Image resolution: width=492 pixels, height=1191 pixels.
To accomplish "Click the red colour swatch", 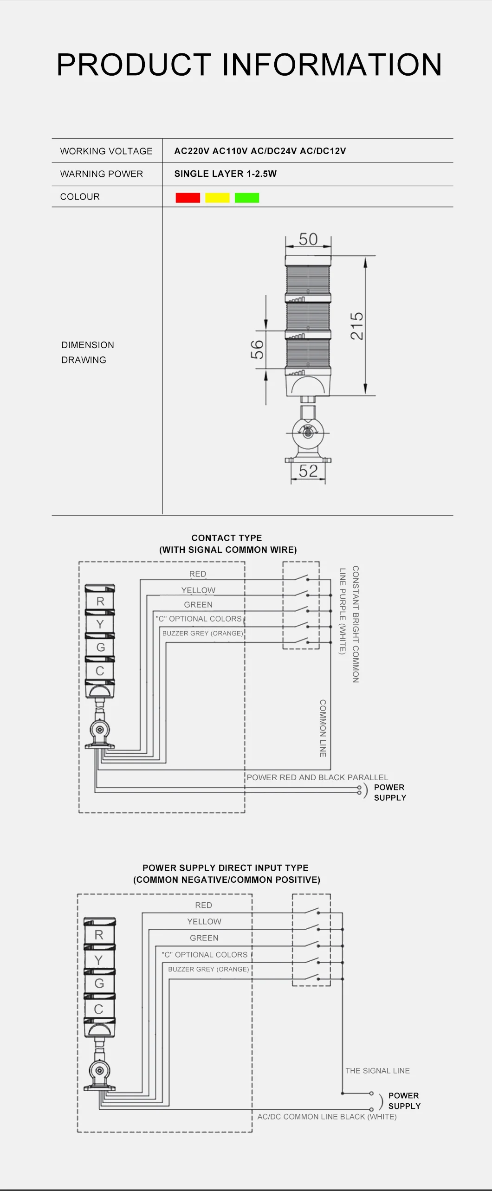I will click(188, 198).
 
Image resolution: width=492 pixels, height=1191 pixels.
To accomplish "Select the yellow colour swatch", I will click(217, 198).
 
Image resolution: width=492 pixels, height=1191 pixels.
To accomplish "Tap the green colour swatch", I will click(247, 198).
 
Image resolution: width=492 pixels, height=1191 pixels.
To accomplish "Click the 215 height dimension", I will click(356, 326).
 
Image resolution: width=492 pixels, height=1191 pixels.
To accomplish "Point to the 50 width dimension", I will click(308, 239).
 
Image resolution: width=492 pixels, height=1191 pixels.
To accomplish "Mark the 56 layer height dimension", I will click(257, 350).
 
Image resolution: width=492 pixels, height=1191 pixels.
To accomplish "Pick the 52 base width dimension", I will click(308, 471).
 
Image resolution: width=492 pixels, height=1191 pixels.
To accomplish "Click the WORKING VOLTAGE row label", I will click(106, 151).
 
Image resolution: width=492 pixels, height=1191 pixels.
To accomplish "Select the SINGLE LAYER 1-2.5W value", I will click(226, 174).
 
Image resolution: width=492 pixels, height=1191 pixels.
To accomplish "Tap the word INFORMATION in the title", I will click(332, 65).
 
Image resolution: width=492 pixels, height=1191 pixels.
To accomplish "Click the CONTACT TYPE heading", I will click(227, 538).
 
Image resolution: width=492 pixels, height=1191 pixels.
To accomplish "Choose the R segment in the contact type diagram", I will click(100, 602).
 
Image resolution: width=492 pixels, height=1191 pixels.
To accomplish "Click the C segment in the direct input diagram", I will click(98, 1009).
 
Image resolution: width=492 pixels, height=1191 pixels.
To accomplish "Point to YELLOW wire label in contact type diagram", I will click(198, 590).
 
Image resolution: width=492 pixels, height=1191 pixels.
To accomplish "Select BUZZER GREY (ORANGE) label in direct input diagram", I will click(208, 969).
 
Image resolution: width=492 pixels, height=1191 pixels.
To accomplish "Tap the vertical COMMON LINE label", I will click(323, 728).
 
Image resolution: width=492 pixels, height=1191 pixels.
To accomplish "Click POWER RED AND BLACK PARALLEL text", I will click(317, 777).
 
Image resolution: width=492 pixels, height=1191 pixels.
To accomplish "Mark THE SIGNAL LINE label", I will click(377, 1071).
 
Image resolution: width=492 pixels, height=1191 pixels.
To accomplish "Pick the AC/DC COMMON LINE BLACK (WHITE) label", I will click(327, 1117).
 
